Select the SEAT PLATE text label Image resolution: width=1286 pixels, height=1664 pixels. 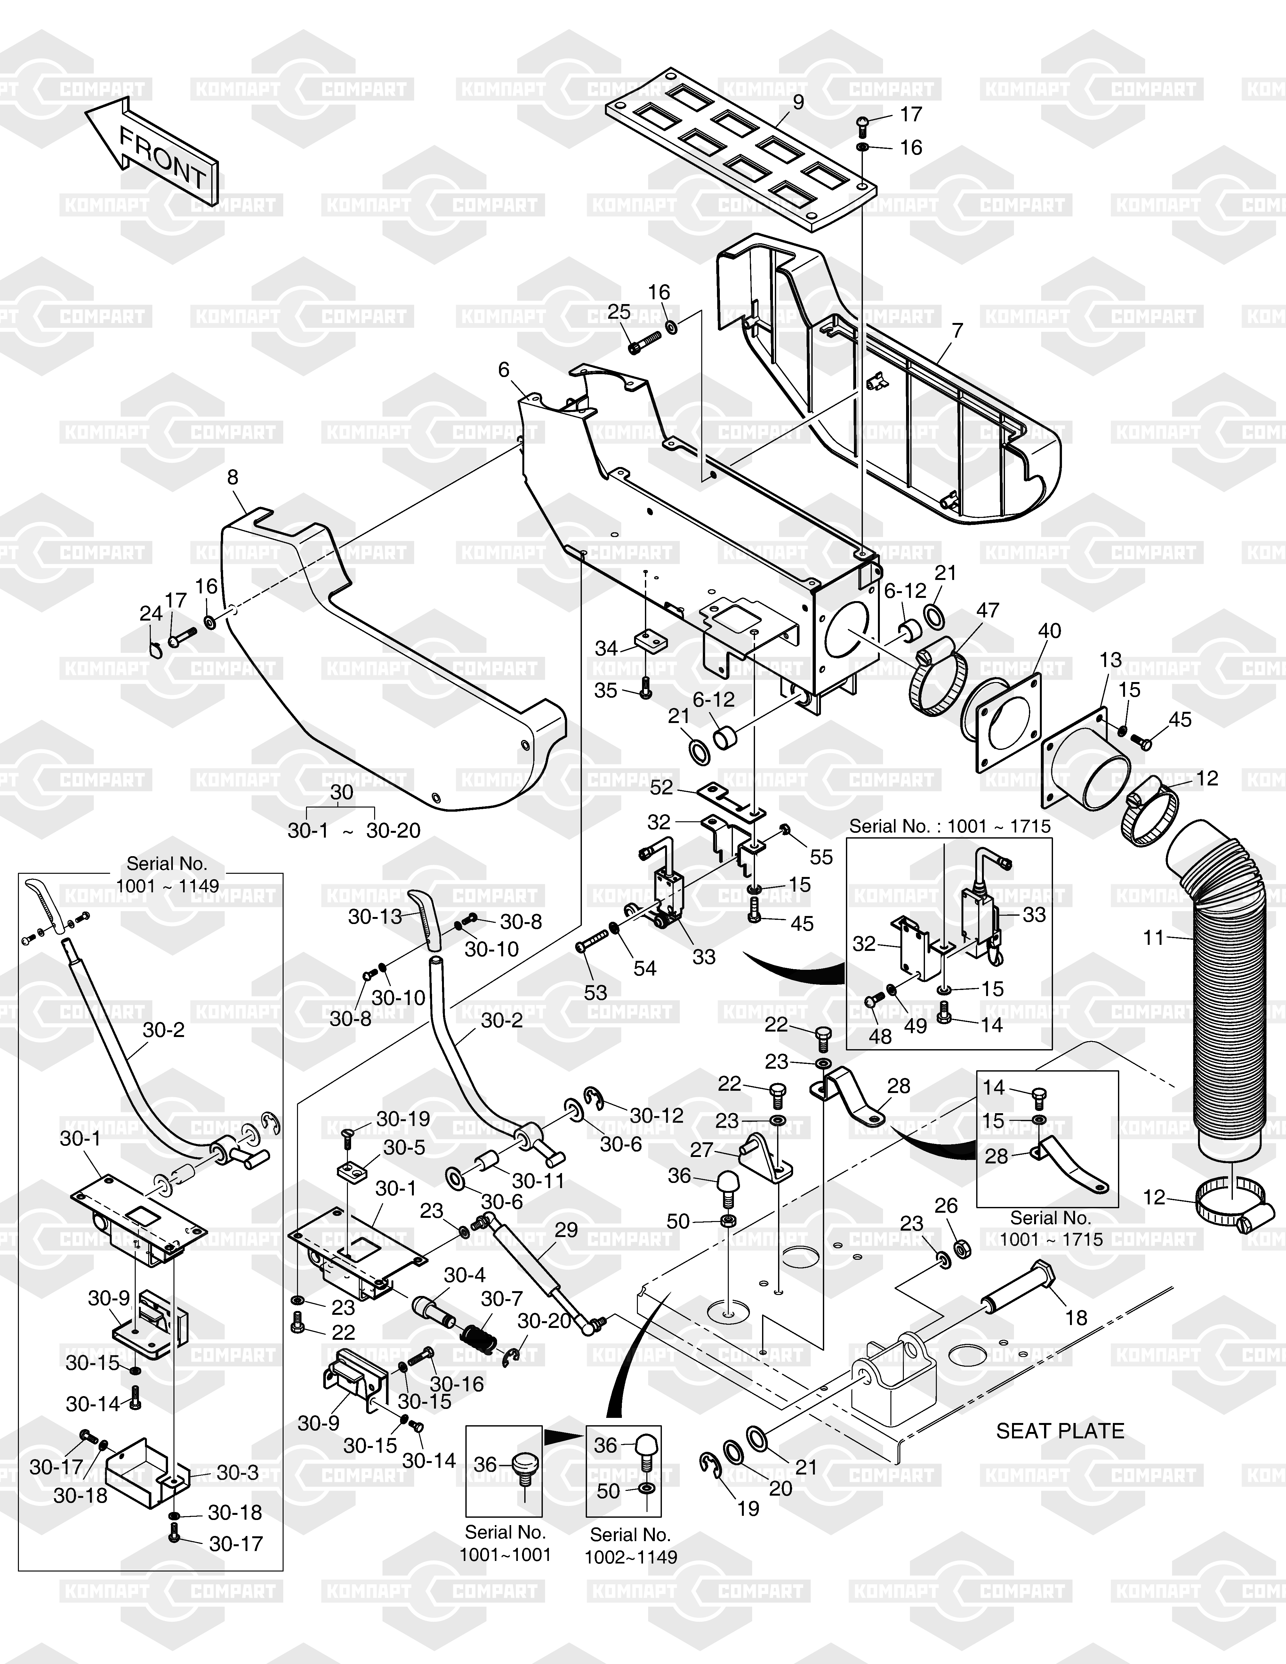pyautogui.click(x=1060, y=1431)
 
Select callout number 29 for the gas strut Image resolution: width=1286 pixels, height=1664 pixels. pyautogui.click(x=566, y=1230)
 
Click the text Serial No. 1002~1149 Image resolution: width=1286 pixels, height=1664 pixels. pyautogui.click(x=631, y=1546)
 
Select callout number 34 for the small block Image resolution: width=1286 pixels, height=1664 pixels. pyautogui.click(x=607, y=648)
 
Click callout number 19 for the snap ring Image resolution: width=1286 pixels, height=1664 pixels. pyautogui.click(x=748, y=1508)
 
